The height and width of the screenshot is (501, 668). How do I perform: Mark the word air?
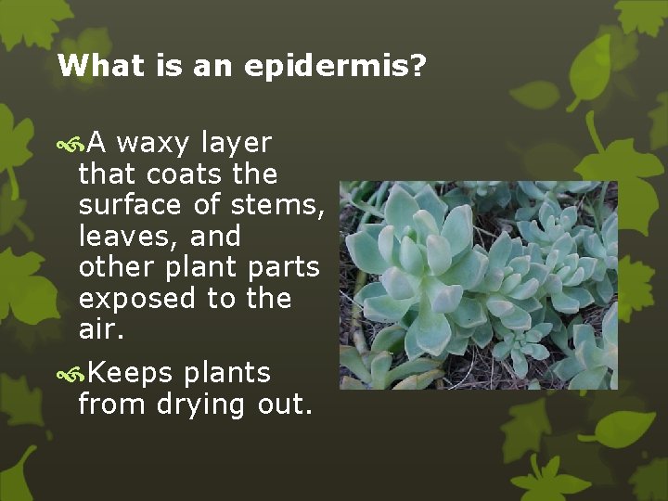click(x=100, y=329)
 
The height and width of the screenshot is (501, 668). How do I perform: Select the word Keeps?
click(x=131, y=374)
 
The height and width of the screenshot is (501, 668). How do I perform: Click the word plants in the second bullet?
click(x=226, y=373)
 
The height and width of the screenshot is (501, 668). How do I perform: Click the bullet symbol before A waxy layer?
click(x=70, y=145)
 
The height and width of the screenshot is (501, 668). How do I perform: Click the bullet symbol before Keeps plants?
click(x=70, y=374)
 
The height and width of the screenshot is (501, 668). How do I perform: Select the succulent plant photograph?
click(x=478, y=285)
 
